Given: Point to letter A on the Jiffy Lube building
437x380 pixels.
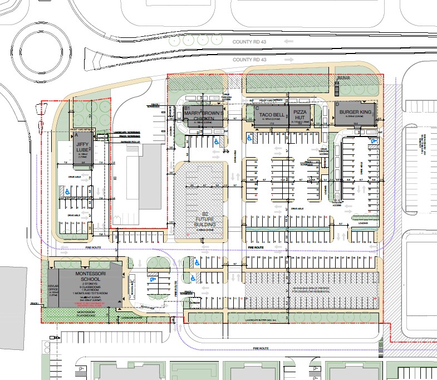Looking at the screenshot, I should click(74, 135).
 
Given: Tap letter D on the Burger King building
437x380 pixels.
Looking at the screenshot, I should click(337, 104).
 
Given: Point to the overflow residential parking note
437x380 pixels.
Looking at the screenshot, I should click(312, 292).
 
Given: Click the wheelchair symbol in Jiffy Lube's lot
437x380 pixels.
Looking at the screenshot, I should click(67, 191).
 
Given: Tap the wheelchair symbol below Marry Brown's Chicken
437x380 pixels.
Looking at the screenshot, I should click(216, 142).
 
